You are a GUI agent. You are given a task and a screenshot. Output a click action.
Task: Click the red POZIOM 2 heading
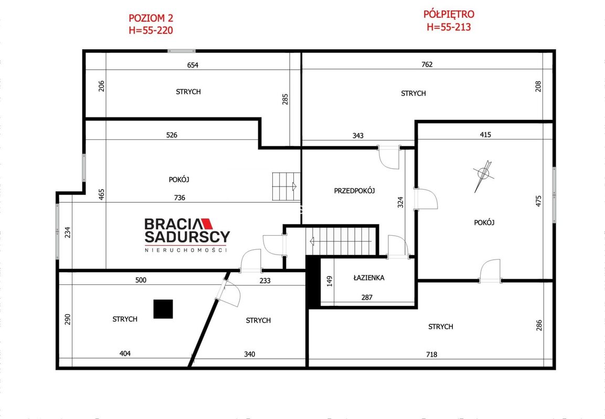tap(151, 18)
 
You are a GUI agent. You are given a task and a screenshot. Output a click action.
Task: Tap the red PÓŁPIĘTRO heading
tap(449, 14)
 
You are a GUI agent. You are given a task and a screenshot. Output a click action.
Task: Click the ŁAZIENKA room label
tap(369, 278)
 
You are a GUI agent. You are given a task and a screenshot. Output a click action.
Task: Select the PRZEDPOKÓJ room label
tap(355, 190)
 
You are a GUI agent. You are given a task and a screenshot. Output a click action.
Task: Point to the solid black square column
tap(163, 309)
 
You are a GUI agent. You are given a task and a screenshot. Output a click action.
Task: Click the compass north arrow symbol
tap(483, 176)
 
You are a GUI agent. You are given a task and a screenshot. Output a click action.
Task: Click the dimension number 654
tap(193, 65)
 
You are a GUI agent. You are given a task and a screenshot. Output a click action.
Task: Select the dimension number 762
tap(427, 64)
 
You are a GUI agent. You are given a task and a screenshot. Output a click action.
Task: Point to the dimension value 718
tap(431, 354)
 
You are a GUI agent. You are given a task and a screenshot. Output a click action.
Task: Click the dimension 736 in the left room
tap(179, 197)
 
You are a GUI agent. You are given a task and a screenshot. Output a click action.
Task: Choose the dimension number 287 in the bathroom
tap(367, 297)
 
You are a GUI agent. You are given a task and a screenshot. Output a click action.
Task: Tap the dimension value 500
tap(141, 280)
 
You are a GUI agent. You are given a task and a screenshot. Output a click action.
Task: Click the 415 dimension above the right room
tap(485, 135)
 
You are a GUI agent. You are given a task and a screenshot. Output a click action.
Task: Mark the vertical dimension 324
tap(400, 202)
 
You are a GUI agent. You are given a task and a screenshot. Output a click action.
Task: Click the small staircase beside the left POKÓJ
tap(286, 186)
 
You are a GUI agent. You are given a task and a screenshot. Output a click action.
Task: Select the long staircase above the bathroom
tap(341, 241)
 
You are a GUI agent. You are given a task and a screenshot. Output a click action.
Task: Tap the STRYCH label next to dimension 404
tap(125, 319)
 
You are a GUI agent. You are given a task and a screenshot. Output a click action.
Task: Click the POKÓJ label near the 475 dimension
tap(484, 222)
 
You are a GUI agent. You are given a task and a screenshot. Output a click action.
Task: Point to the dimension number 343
tap(358, 136)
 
